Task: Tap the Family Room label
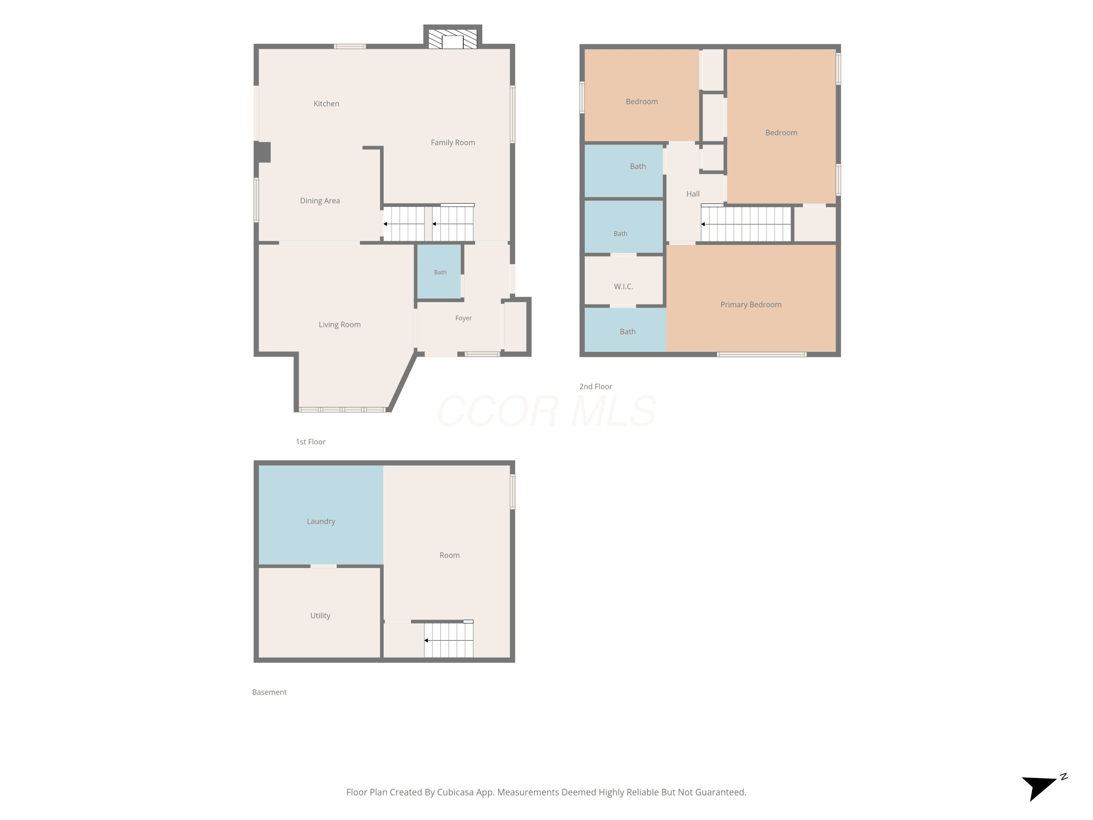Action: click(453, 142)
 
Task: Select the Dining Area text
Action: click(320, 201)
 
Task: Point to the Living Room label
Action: click(340, 325)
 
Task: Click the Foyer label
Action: click(463, 318)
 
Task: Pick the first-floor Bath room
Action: click(440, 272)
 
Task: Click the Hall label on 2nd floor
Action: click(693, 194)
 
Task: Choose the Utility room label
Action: click(320, 616)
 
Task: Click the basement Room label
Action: click(449, 555)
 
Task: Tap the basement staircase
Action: click(448, 640)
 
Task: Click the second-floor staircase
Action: click(746, 224)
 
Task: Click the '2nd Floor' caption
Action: click(595, 387)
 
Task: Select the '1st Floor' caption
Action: click(310, 442)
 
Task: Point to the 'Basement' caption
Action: click(269, 692)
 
